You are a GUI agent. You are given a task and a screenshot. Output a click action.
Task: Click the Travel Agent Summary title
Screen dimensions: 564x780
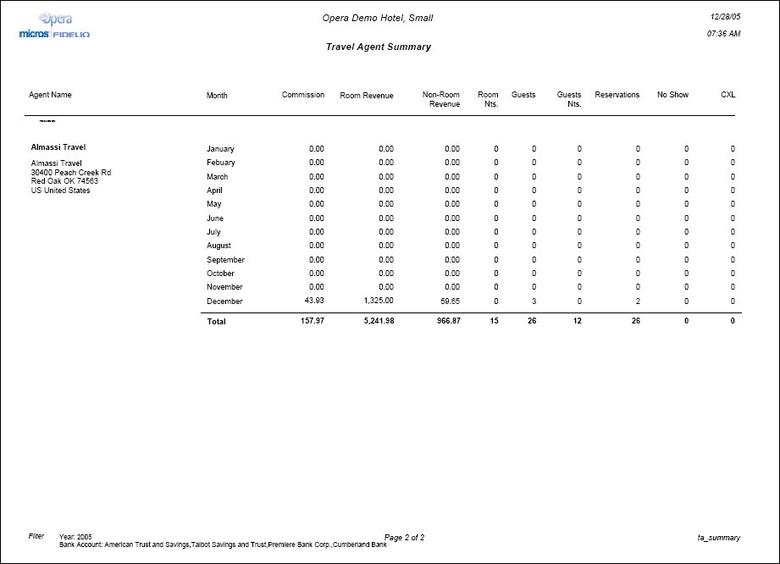tap(378, 47)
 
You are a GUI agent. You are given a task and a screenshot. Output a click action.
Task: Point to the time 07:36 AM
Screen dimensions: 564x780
tap(723, 34)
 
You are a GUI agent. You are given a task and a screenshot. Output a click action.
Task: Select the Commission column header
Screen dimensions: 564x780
tap(303, 95)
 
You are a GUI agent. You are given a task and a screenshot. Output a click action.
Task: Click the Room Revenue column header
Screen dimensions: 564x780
tap(367, 96)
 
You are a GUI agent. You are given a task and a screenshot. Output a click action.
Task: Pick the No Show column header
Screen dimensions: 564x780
tap(672, 95)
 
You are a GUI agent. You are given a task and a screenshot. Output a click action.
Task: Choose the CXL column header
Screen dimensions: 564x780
tap(727, 95)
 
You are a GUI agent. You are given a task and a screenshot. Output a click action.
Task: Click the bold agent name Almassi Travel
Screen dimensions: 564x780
tap(58, 147)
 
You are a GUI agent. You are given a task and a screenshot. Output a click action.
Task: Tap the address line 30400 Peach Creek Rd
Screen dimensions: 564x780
tap(70, 173)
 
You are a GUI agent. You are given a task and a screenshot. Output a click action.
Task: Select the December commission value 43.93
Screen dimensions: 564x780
tap(313, 301)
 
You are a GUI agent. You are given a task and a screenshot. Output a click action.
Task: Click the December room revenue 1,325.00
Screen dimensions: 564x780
tap(379, 301)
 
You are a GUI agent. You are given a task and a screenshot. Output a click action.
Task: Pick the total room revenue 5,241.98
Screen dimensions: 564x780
tap(374, 322)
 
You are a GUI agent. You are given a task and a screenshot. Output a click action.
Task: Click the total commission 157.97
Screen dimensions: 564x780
tap(310, 322)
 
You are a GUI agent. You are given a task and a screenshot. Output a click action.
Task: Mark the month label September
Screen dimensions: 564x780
tap(225, 260)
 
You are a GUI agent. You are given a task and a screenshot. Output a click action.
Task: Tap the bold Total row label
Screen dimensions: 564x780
tap(216, 322)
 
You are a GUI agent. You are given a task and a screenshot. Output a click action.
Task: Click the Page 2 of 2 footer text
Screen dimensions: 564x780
tap(404, 538)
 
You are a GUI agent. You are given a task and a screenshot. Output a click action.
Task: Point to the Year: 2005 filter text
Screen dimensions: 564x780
tap(75, 538)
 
